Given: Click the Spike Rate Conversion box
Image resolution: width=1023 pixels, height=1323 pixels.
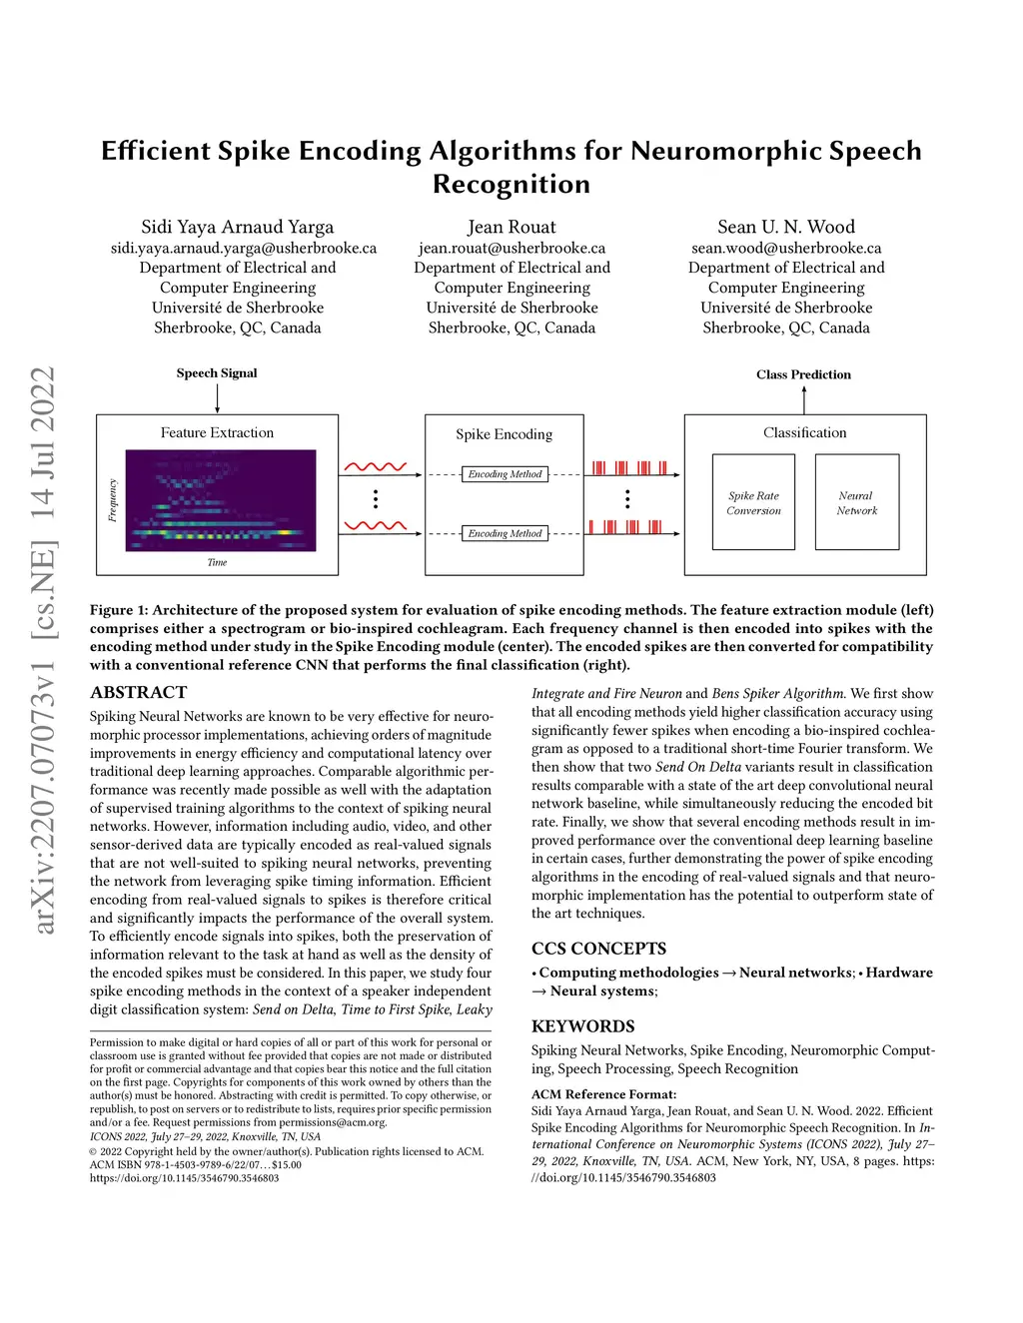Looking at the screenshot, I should click(753, 502).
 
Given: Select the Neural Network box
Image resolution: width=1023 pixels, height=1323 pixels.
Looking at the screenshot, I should click(857, 502).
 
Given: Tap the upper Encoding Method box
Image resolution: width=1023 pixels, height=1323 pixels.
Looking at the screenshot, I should click(505, 474).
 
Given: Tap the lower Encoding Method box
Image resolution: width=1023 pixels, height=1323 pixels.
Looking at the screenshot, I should click(505, 534).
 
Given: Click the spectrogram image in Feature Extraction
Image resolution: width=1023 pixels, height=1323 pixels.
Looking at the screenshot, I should click(220, 500).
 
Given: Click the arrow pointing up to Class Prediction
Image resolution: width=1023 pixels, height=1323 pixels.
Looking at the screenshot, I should click(804, 398).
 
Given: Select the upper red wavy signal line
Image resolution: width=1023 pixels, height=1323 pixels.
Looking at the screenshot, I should click(375, 466).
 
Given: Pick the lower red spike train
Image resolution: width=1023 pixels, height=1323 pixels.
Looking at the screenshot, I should click(625, 527).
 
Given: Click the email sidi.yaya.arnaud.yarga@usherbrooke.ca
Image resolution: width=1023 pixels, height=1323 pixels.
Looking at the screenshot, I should click(244, 248).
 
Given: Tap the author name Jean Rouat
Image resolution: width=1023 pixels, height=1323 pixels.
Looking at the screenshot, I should click(511, 227).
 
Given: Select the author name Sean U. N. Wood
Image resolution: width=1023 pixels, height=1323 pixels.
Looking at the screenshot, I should click(786, 227).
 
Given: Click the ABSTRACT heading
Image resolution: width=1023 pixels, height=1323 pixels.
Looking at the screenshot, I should click(138, 692).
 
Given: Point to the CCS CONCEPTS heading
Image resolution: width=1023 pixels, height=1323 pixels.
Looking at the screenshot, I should click(598, 949).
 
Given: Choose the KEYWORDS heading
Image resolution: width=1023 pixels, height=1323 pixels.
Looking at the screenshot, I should click(582, 1026).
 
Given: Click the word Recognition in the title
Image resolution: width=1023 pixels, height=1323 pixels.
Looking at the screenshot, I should click(511, 185).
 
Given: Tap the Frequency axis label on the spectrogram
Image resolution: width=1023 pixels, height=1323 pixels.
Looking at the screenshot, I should click(113, 500).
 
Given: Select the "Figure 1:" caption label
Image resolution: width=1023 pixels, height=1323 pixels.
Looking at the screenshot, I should click(119, 610).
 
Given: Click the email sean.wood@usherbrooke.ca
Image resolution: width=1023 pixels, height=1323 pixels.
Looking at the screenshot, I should click(786, 248).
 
